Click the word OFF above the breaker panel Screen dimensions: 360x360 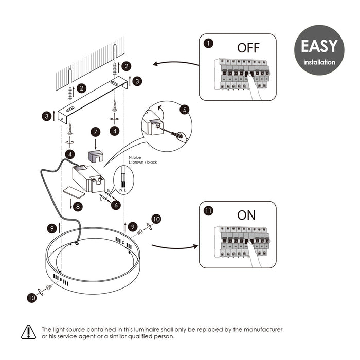248,48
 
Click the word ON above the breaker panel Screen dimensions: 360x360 246,215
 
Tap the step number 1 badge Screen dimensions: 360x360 208,44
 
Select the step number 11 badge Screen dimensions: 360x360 208,210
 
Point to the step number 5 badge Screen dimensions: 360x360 185,109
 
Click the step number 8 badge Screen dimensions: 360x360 77,207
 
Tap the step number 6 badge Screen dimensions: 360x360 116,205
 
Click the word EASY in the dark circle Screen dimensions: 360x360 319,46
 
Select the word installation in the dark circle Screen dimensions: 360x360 319,62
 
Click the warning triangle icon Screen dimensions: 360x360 28,332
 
